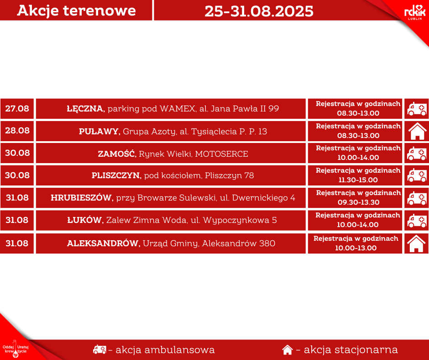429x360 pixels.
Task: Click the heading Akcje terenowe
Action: click(76, 11)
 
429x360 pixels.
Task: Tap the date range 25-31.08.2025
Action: click(259, 11)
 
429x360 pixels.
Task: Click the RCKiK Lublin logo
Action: click(415, 13)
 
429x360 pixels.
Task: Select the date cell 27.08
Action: click(17, 108)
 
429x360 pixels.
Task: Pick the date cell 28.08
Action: click(17, 130)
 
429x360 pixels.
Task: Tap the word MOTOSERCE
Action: click(222, 154)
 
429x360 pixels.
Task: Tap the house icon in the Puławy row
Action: click(417, 131)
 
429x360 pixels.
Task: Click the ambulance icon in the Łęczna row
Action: click(417, 109)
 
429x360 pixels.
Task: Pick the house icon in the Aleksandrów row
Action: click(416, 244)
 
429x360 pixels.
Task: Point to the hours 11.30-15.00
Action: click(358, 180)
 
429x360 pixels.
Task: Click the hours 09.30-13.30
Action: click(358, 202)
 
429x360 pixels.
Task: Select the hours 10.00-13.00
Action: click(356, 248)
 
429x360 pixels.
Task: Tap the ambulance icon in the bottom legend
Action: click(99, 349)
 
